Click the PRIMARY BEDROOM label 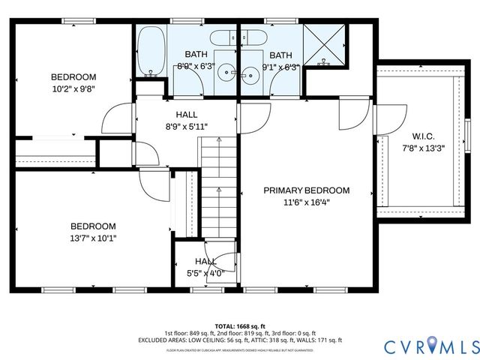tap(306, 190)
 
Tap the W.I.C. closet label tap(424, 136)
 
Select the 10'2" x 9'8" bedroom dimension tap(73, 88)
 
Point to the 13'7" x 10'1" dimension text tap(93, 238)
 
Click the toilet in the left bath tap(220, 38)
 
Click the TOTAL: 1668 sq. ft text tap(240, 325)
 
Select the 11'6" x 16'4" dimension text tap(306, 202)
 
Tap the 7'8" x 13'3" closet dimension tap(424, 148)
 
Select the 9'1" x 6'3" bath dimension tap(282, 67)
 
